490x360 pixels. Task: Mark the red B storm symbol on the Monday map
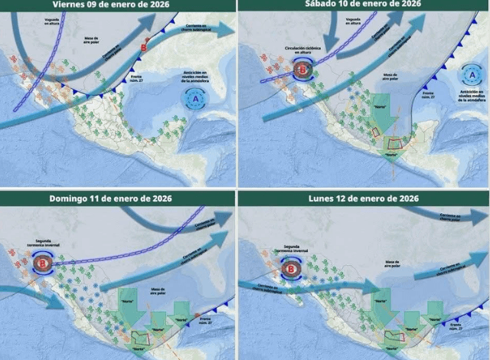[291, 267]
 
